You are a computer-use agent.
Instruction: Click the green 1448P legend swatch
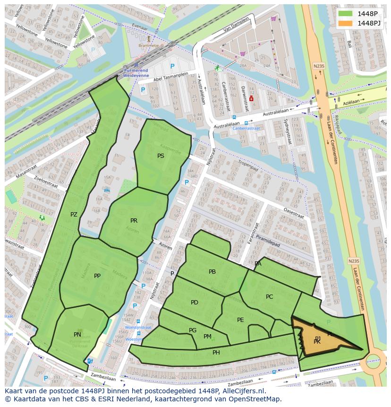coord(345,14)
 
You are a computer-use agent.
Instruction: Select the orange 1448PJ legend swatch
coord(345,23)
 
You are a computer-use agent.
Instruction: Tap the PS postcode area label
coord(161,156)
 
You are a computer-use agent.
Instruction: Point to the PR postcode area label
coord(134,221)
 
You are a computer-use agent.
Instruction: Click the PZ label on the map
coord(74,215)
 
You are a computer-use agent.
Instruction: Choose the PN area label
coord(77,335)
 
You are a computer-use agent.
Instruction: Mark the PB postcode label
coord(212,272)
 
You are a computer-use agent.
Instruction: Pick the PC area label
coord(269,297)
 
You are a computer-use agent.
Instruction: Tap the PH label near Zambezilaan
coord(216,353)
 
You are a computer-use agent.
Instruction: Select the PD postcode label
coord(194,303)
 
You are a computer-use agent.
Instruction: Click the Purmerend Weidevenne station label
coord(136,73)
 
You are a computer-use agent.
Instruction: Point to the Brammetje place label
coord(148,45)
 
